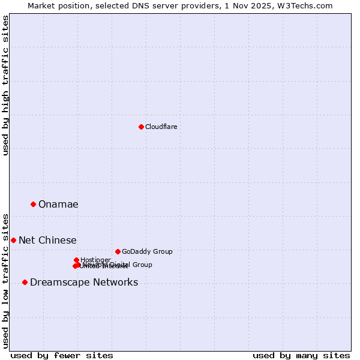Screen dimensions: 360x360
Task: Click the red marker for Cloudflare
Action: tap(141, 127)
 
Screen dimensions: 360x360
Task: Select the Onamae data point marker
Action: tap(33, 204)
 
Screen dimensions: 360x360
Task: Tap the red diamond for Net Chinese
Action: tap(13, 240)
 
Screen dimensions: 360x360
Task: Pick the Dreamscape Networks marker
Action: tap(25, 282)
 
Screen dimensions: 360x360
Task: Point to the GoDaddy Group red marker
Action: tap(118, 251)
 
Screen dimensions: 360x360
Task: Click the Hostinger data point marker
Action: tap(76, 260)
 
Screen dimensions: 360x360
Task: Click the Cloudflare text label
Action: tap(161, 127)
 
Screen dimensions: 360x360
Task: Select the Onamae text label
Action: tap(58, 205)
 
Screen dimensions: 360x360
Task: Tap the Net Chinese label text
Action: tap(47, 241)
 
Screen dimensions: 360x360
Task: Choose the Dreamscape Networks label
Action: tap(84, 283)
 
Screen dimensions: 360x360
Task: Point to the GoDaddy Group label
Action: tap(147, 252)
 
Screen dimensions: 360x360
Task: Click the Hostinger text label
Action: tap(95, 260)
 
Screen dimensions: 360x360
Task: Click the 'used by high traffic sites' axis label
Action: tap(5, 85)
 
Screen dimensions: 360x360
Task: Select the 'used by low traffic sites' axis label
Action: tap(5, 280)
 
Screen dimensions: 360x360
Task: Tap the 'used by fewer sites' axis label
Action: tap(62, 355)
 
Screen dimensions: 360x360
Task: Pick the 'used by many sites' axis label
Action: tap(301, 355)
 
